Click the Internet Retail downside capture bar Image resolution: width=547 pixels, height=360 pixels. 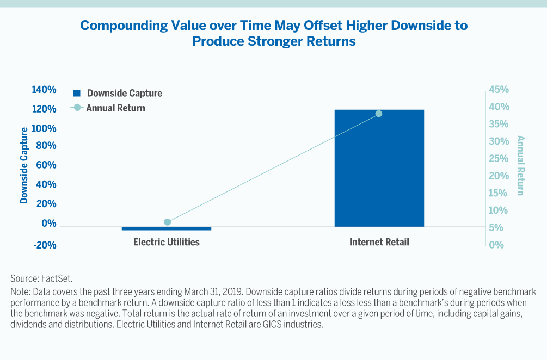coord(379,168)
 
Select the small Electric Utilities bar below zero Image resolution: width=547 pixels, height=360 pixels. coord(167,228)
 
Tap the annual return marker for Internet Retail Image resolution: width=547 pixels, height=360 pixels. coord(379,114)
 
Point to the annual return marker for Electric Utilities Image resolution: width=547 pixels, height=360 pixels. coord(167,222)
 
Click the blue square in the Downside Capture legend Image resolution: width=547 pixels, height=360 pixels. coord(77,93)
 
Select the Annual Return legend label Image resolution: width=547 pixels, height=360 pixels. coord(115,108)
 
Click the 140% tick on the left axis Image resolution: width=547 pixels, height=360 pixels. coord(44,90)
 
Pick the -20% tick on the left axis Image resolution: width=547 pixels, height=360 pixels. coord(44,245)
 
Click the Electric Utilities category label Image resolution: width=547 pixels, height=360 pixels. coord(167,242)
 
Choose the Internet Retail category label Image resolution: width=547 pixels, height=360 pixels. coord(379,242)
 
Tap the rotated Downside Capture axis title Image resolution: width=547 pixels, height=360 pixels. coord(24,165)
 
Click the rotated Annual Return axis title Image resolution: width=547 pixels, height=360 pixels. coord(520,165)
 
